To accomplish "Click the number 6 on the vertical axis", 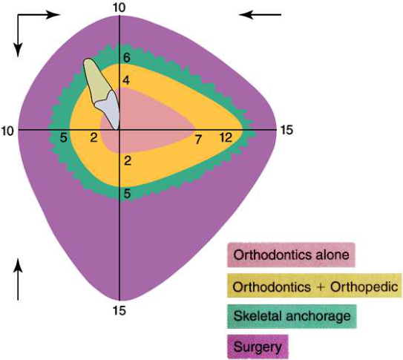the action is pyautogui.click(x=126, y=58).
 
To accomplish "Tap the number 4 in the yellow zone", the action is pyautogui.click(x=126, y=81).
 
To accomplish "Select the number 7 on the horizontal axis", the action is pyautogui.click(x=198, y=140).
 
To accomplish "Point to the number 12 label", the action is pyautogui.click(x=226, y=138).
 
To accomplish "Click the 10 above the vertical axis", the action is pyautogui.click(x=119, y=7).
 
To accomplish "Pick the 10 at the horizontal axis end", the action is pyautogui.click(x=7, y=131).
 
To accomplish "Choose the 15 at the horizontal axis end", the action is pyautogui.click(x=286, y=130).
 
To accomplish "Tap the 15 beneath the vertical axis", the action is pyautogui.click(x=119, y=311).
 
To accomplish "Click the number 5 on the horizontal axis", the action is pyautogui.click(x=64, y=138).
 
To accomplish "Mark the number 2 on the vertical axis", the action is pyautogui.click(x=128, y=161).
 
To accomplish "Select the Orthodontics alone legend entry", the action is pyautogui.click(x=291, y=255).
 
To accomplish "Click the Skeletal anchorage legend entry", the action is pyautogui.click(x=292, y=316).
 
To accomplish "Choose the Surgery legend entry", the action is pyautogui.click(x=258, y=347).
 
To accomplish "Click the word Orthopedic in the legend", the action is pyautogui.click(x=364, y=287).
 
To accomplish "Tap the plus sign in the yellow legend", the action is pyautogui.click(x=320, y=287).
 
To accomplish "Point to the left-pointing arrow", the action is pyautogui.click(x=260, y=15).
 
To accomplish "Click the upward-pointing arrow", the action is pyautogui.click(x=18, y=279).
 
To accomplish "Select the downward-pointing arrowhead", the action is pyautogui.click(x=18, y=50).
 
